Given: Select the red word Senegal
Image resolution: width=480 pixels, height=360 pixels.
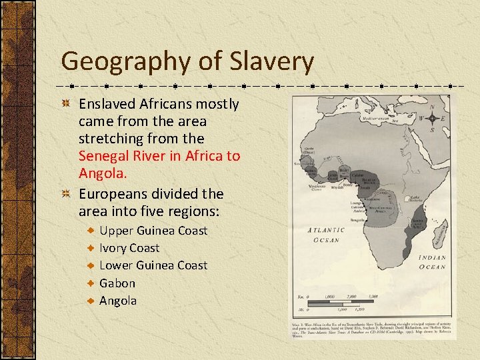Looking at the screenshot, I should [x=103, y=157].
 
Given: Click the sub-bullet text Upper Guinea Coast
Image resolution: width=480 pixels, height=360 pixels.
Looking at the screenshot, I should [x=153, y=231].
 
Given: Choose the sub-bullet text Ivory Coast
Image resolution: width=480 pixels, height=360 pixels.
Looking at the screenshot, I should [x=129, y=248].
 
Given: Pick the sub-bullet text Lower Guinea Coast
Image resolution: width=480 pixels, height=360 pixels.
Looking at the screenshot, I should [x=153, y=265].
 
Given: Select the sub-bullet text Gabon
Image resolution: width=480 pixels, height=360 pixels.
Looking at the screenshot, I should [x=117, y=283].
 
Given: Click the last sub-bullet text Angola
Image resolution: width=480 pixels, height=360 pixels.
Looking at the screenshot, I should [x=118, y=300].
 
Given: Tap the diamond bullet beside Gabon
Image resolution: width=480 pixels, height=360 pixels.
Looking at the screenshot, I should [x=91, y=283].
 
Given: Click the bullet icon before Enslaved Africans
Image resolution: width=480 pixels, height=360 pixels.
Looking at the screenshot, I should [x=67, y=105].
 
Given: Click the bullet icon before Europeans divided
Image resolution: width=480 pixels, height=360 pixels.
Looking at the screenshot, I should [x=67, y=194].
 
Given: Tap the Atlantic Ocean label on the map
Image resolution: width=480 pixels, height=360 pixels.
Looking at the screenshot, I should [x=326, y=235].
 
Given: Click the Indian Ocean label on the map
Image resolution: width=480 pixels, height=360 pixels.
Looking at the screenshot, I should [x=431, y=262].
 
